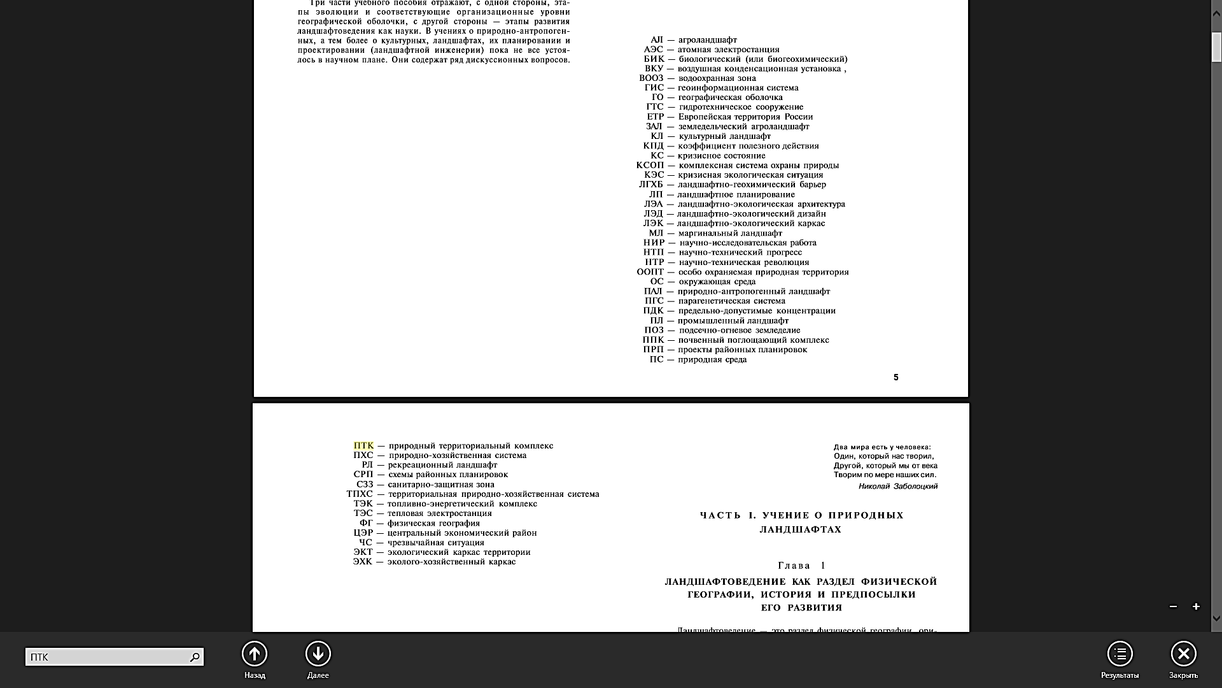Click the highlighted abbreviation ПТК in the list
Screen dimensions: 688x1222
point(363,446)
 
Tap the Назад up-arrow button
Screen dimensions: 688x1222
point(255,654)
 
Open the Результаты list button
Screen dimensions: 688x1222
point(1120,654)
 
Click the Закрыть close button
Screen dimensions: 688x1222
point(1183,654)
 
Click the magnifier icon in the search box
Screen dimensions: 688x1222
point(195,657)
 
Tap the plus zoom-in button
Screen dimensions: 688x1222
point(1196,606)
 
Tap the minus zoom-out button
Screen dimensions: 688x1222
point(1173,606)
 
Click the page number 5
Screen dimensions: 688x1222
point(895,378)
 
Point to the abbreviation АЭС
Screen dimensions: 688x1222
point(653,50)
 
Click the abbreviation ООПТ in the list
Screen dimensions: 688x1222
point(650,272)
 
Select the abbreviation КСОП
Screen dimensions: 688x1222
point(650,166)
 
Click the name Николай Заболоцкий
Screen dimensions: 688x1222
point(897,487)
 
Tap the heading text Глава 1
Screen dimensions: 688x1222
point(801,566)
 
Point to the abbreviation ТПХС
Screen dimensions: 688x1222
point(360,494)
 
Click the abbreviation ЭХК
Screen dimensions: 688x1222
point(363,562)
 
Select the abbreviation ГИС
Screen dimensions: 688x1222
point(654,88)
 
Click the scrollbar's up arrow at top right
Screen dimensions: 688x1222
point(1216,11)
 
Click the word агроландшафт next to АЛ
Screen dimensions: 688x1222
point(707,40)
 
